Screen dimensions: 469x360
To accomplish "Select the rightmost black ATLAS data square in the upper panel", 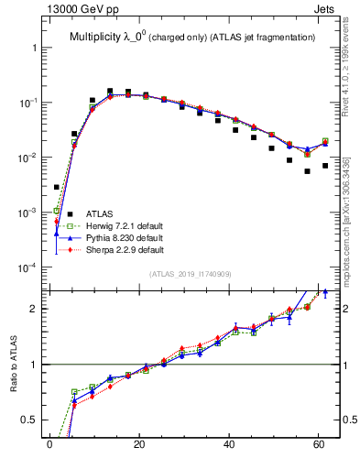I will pos(325,166).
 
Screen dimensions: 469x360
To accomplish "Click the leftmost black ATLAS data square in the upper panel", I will pos(57,187).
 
